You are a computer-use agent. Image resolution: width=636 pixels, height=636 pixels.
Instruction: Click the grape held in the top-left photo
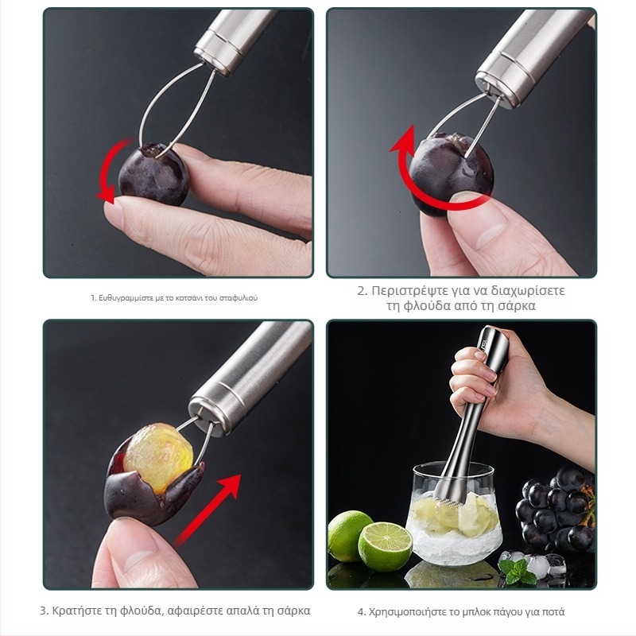point(153,174)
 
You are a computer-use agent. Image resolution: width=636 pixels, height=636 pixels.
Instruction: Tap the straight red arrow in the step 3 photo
point(207,510)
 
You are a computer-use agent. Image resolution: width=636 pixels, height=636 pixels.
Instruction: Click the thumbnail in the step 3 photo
point(137,553)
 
